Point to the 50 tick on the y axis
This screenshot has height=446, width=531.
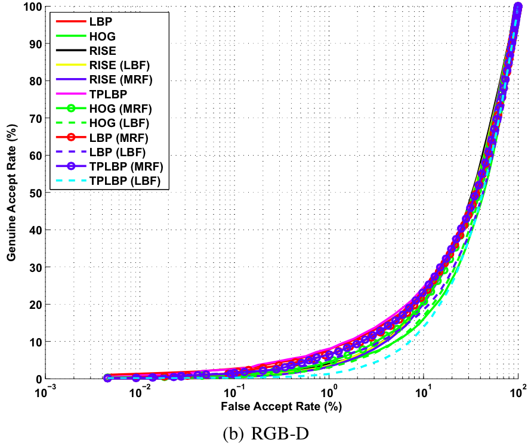coord(33,193)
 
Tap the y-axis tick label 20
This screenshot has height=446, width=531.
coord(33,304)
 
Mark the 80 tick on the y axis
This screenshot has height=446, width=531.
coord(33,81)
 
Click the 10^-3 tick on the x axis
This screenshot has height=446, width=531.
coord(45,394)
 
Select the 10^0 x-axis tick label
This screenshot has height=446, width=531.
coord(328,394)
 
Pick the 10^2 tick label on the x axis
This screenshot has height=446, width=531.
coord(517,394)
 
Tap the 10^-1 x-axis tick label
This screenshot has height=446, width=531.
coord(234,394)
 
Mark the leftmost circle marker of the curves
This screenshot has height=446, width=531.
coord(107,377)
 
